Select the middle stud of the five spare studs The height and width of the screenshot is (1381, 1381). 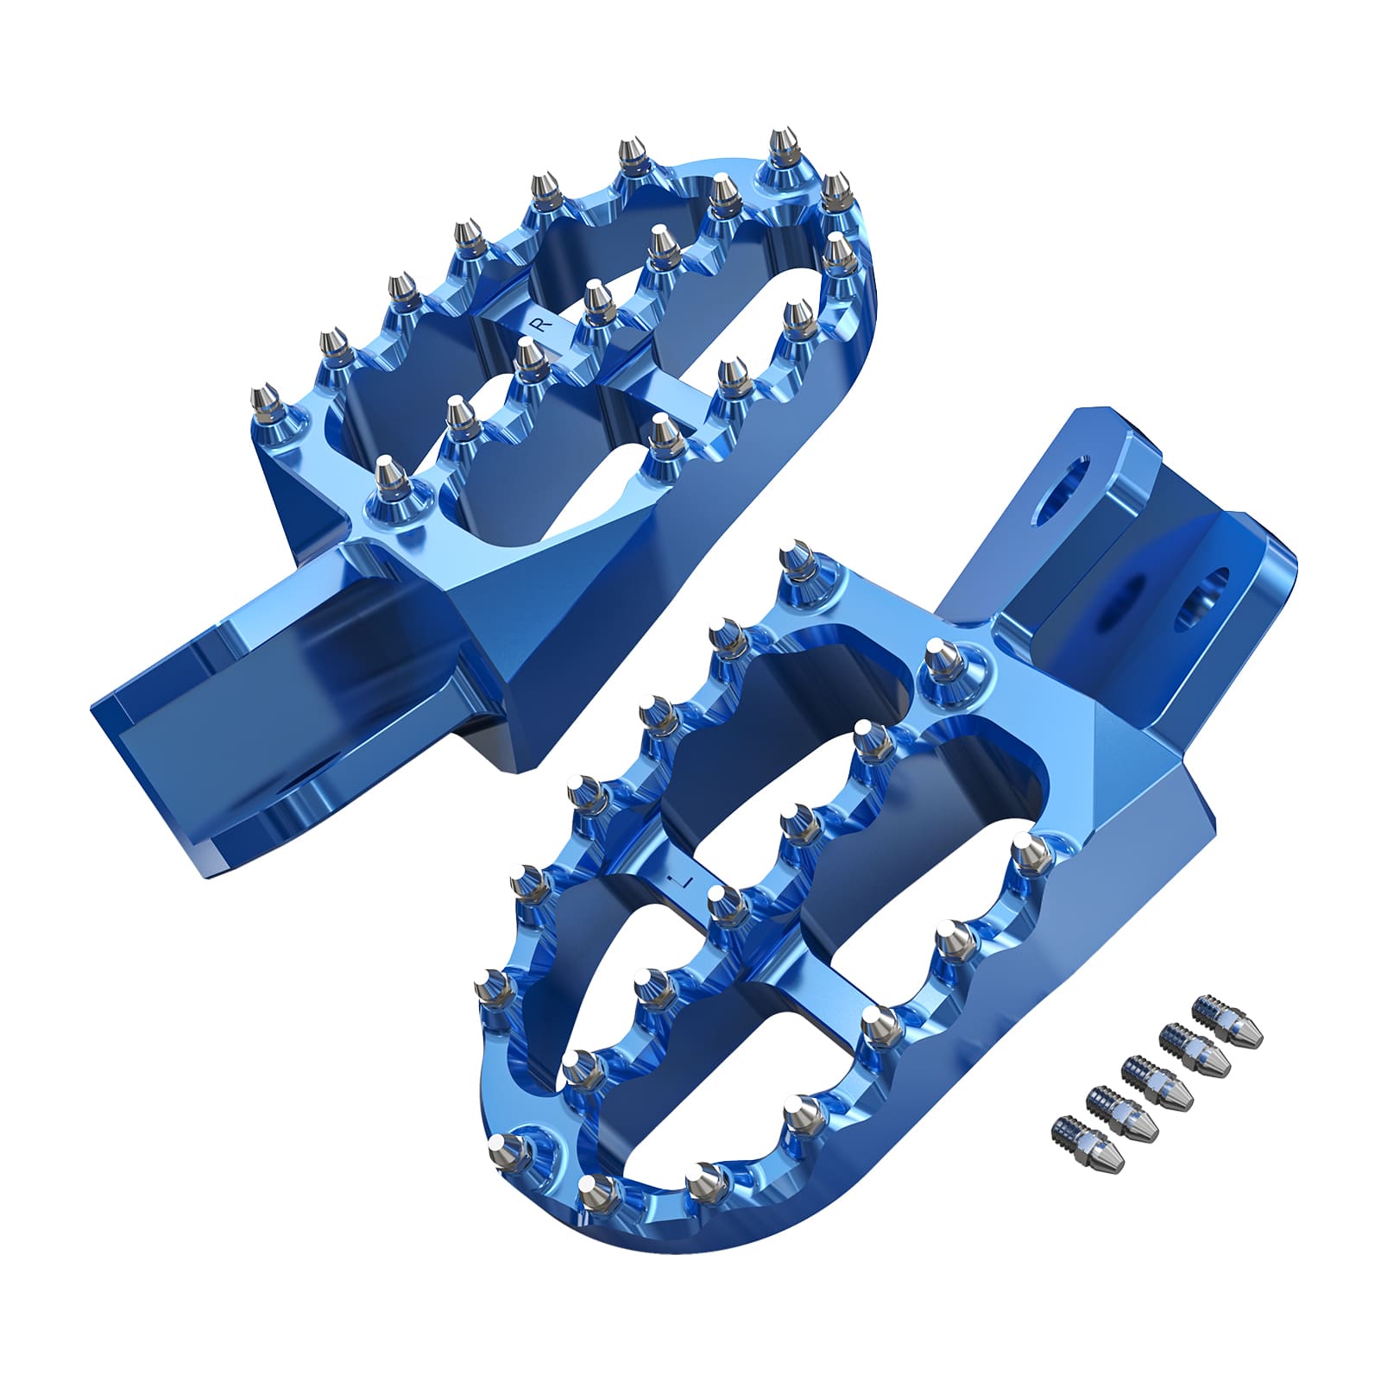(x=1157, y=1081)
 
